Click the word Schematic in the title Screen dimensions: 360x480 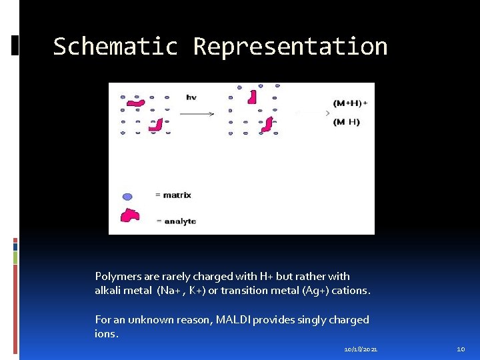click(x=115, y=47)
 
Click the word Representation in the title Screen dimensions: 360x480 click(x=290, y=47)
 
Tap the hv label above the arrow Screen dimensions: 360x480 click(x=191, y=97)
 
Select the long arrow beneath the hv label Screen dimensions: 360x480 click(x=197, y=113)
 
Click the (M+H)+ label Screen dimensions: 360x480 click(x=351, y=103)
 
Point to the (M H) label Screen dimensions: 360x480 click(x=347, y=122)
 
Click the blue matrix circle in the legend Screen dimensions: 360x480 click(x=127, y=196)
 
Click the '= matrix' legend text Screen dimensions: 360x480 click(x=173, y=195)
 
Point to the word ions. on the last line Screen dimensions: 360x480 click(x=107, y=334)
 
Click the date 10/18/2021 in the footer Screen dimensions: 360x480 click(x=361, y=349)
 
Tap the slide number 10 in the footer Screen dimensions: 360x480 click(x=460, y=349)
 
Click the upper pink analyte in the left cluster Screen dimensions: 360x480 click(x=137, y=103)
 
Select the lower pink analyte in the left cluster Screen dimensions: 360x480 click(x=155, y=124)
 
